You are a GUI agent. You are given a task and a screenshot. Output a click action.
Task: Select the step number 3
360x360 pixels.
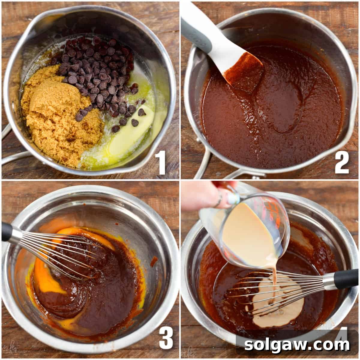[x=166, y=339]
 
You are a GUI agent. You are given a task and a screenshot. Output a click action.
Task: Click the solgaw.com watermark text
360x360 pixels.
[x=297, y=345]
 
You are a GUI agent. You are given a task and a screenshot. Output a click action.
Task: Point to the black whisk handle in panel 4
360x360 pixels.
[x=345, y=279]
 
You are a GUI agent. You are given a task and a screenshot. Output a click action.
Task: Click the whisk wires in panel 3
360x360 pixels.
[x=60, y=252]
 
